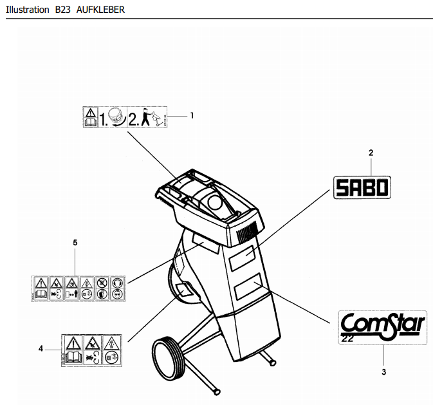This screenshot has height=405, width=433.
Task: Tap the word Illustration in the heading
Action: pos(26,10)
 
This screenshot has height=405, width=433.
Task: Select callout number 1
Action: pos(192,115)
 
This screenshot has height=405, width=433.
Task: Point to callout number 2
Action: pos(371,153)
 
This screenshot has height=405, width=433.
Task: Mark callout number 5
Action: pos(75,243)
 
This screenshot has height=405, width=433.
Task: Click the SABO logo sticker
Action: pos(362,187)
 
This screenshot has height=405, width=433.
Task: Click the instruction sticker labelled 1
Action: pos(126,117)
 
